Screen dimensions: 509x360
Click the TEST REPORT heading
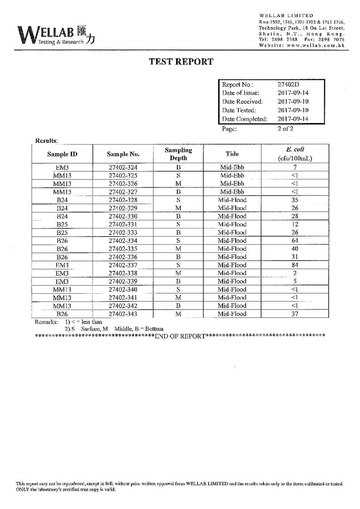point(181,62)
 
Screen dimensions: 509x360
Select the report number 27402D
point(288,85)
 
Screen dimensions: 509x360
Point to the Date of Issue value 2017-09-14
point(293,93)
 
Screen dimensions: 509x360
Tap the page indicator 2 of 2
point(286,128)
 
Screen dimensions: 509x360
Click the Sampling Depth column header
point(178,154)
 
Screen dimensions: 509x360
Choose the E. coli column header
point(295,154)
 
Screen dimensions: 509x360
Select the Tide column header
point(232,154)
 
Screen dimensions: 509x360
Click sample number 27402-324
point(123,168)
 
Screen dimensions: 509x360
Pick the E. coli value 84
point(295,265)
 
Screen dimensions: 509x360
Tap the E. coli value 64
point(295,241)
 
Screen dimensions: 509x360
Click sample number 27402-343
point(123,314)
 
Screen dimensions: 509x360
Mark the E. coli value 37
point(295,314)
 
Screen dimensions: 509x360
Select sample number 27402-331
point(123,224)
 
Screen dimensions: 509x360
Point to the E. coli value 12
point(295,224)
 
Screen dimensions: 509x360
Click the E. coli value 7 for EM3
point(295,168)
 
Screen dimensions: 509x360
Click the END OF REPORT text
point(180,336)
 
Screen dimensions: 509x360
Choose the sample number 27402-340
point(123,290)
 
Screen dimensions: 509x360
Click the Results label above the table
point(46,141)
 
